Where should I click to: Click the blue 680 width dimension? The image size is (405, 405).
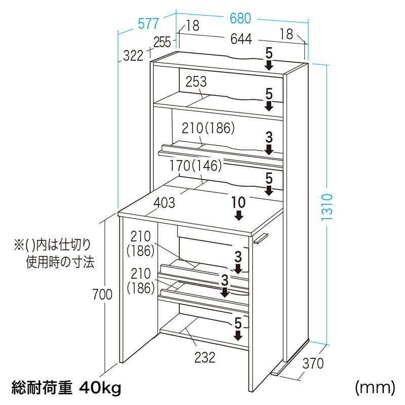[x=240, y=19]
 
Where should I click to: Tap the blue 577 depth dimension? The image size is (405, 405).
[x=148, y=24]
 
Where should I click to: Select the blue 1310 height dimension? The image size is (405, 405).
[x=327, y=207]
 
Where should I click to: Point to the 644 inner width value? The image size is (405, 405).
[x=241, y=39]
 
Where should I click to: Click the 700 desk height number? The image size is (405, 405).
[x=103, y=294]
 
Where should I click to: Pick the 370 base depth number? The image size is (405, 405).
[x=313, y=363]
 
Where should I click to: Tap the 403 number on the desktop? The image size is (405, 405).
[x=164, y=203]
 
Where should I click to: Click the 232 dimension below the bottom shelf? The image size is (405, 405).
[x=205, y=358]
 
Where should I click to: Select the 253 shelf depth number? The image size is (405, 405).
[x=196, y=82]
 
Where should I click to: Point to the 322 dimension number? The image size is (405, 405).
[x=133, y=56]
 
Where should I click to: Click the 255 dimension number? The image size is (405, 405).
[x=162, y=42]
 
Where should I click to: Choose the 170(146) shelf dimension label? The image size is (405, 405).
[x=195, y=166]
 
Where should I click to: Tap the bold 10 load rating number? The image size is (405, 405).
[x=238, y=202]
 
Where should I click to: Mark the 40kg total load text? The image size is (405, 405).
[x=101, y=387]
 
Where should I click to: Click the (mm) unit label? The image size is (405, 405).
[x=375, y=387]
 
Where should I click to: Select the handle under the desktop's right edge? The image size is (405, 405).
[x=261, y=238]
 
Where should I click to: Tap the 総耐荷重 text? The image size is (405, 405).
[x=42, y=387]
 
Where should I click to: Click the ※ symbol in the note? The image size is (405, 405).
[x=19, y=245]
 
